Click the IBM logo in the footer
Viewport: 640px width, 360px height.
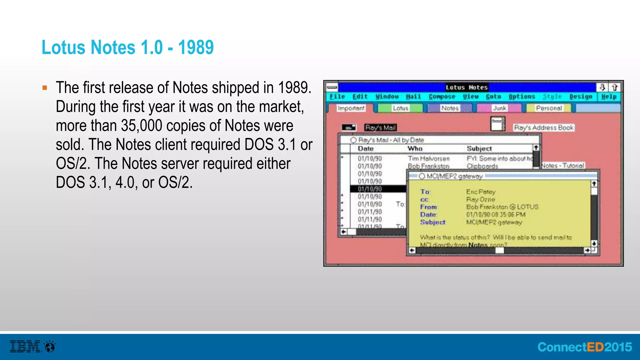pyautogui.click(x=25, y=346)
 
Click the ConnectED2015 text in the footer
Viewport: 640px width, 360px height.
pyautogui.click(x=584, y=347)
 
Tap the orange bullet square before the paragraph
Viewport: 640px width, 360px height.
pyautogui.click(x=45, y=88)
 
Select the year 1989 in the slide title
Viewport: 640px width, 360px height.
pyautogui.click(x=196, y=47)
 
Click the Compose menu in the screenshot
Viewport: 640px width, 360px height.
pyautogui.click(x=442, y=97)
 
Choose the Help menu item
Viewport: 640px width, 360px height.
pyautogui.click(x=609, y=97)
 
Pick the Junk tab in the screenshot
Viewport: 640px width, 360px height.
pyautogui.click(x=499, y=108)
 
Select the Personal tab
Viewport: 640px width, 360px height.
pyautogui.click(x=549, y=108)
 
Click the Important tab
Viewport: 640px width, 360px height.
pyautogui.click(x=351, y=108)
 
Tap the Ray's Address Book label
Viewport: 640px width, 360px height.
pyautogui.click(x=543, y=127)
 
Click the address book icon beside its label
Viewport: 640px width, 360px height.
pyautogui.click(x=498, y=124)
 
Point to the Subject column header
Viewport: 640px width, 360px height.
pyautogui.click(x=479, y=148)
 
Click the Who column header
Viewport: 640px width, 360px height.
pyautogui.click(x=415, y=148)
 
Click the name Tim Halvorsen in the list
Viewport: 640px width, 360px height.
pyautogui.click(x=428, y=158)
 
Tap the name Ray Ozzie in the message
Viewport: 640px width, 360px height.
pyautogui.click(x=480, y=199)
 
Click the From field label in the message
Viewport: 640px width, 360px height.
pyautogui.click(x=428, y=207)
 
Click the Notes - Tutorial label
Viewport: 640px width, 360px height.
pyautogui.click(x=562, y=165)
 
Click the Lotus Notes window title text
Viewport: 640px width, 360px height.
pyautogui.click(x=466, y=87)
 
